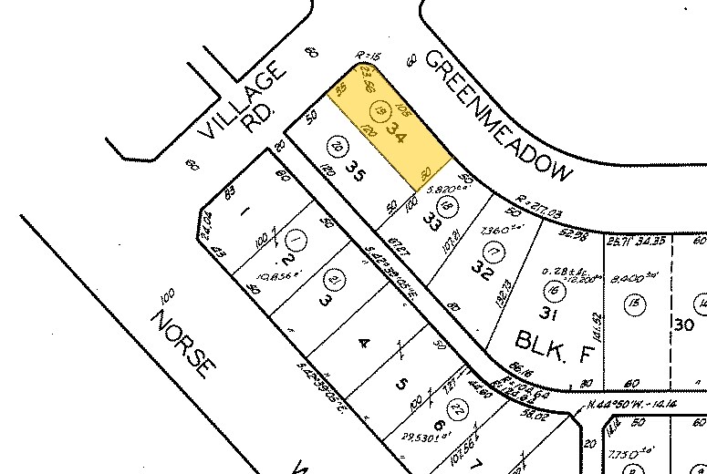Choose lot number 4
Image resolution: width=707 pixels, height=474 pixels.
(x=364, y=343)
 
